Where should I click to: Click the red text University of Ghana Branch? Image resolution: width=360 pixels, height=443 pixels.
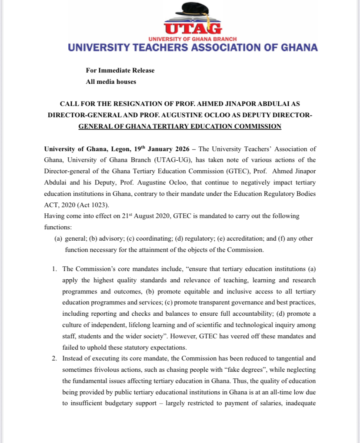193,39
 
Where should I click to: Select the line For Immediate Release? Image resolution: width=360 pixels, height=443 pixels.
120,70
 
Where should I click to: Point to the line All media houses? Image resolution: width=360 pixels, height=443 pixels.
111,82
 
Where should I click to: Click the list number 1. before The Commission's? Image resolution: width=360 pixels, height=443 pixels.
55,269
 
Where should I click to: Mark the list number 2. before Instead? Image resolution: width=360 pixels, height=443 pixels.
55,359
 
